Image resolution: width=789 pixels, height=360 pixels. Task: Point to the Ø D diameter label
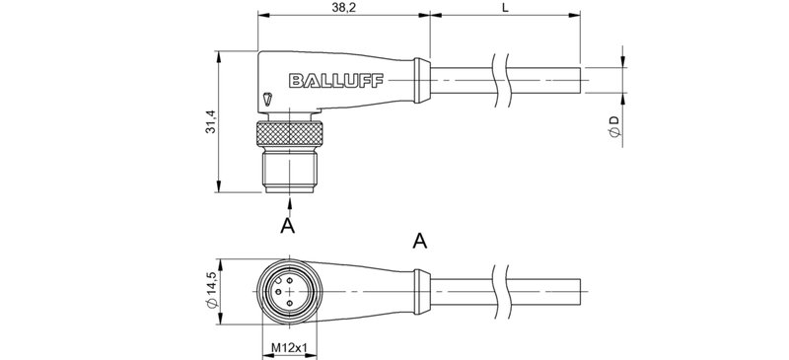[614, 127]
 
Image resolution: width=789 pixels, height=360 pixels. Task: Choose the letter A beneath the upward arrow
[288, 227]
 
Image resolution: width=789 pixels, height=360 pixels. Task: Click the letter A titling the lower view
[419, 241]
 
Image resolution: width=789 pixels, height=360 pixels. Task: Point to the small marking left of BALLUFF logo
[269, 99]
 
